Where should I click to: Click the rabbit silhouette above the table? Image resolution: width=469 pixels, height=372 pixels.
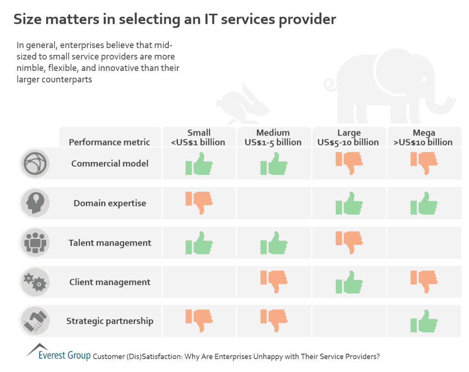pos(243,104)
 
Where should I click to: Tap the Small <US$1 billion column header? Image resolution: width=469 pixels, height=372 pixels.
pos(199,137)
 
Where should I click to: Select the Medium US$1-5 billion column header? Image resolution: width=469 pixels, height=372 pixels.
pos(273,137)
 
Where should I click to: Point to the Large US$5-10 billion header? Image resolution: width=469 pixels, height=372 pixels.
pos(349,137)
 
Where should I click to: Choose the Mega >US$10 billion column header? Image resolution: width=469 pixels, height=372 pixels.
pos(424,137)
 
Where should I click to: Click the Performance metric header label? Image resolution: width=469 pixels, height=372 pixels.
pos(109,142)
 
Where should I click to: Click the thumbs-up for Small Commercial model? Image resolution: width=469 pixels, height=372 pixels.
pos(199,163)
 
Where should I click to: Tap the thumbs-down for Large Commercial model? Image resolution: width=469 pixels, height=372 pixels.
pos(349,163)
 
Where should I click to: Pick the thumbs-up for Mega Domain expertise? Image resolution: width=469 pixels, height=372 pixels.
pos(424,203)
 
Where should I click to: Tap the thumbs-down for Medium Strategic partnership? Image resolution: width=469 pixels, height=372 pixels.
pos(274,320)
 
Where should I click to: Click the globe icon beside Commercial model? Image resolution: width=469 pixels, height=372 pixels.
pos(35,163)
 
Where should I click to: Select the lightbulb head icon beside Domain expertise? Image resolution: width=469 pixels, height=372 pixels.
pos(35,203)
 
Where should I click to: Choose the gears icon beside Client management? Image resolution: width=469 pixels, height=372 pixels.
pos(35,282)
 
